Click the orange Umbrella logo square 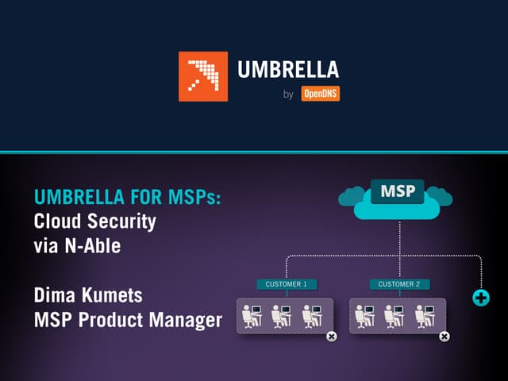pyautogui.click(x=203, y=76)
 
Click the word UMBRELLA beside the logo pyautogui.click(x=288, y=69)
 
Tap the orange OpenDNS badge pyautogui.click(x=321, y=94)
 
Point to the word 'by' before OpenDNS pyautogui.click(x=288, y=94)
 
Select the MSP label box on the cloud pyautogui.click(x=398, y=191)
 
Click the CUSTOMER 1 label pyautogui.click(x=287, y=284)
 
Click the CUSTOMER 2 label pyautogui.click(x=400, y=284)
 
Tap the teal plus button pyautogui.click(x=481, y=298)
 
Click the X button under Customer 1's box pyautogui.click(x=332, y=337)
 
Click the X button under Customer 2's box pyautogui.click(x=444, y=337)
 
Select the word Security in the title pyautogui.click(x=121, y=222)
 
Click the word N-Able pyautogui.click(x=93, y=246)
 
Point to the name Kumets pyautogui.click(x=112, y=295)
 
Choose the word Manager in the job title pyautogui.click(x=185, y=320)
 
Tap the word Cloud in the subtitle pyautogui.click(x=58, y=221)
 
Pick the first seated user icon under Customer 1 pyautogui.click(x=252, y=316)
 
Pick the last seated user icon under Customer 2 pyautogui.click(x=425, y=316)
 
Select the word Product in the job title pyautogui.click(x=111, y=320)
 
